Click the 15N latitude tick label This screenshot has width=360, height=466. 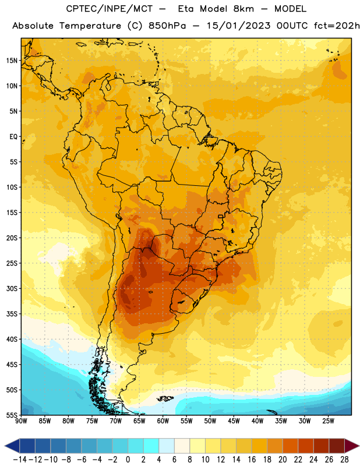click(12, 61)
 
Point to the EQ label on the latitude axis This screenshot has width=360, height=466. click(13, 137)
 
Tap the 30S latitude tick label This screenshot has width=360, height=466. click(12, 288)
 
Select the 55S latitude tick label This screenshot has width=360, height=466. click(12, 415)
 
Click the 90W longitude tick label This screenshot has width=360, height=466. click(21, 421)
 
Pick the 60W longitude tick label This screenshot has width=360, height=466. click(163, 421)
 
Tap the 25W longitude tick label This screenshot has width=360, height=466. click(328, 421)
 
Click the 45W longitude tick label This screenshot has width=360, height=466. click(234, 421)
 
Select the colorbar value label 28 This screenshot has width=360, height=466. click(344, 460)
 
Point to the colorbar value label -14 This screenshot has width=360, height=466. click(20, 460)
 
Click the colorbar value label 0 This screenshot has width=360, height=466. click(128, 460)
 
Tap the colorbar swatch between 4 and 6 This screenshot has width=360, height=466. click(167, 446)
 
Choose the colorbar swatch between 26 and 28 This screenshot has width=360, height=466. click(337, 446)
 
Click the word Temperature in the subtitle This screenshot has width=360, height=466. click(90, 26)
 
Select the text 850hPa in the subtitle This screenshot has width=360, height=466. click(167, 26)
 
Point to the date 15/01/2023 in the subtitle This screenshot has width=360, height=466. click(238, 26)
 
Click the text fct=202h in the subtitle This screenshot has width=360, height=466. click(337, 26)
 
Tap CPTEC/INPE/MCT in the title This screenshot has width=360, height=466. click(110, 9)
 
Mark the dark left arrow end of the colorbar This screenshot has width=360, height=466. click(12, 446)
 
